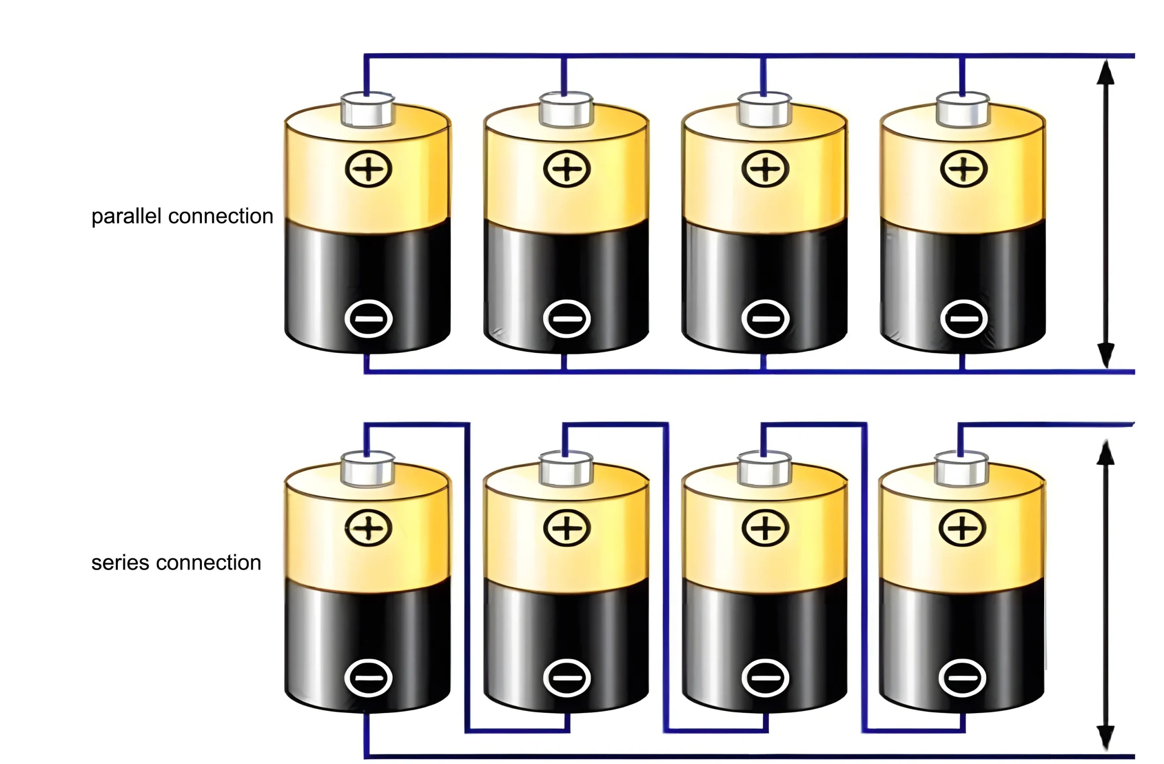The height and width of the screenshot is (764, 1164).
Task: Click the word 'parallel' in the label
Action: (126, 216)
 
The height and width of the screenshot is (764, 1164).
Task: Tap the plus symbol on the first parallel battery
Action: (368, 169)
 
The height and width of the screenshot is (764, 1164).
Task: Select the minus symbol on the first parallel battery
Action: (368, 319)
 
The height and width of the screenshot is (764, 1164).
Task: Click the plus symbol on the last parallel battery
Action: (963, 169)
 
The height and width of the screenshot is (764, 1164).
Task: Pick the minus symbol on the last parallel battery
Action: (963, 319)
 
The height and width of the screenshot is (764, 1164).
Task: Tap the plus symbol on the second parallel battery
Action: (567, 169)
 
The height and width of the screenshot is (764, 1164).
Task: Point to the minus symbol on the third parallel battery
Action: (765, 319)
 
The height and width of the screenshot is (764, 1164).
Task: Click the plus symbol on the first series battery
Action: (368, 528)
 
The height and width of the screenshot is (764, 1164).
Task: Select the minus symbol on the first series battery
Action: (368, 678)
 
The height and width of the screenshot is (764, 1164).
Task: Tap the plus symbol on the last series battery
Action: (962, 528)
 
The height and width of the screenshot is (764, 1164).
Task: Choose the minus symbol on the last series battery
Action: (962, 678)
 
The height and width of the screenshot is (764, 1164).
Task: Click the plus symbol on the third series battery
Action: (765, 528)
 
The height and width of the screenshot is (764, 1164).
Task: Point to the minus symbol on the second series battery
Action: (567, 678)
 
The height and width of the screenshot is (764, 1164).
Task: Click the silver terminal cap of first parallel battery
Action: (368, 110)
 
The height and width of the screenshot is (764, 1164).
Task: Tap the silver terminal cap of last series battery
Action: (961, 470)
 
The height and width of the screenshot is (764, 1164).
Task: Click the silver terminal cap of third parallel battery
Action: (764, 110)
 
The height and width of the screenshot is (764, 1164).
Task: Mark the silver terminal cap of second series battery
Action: (566, 470)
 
